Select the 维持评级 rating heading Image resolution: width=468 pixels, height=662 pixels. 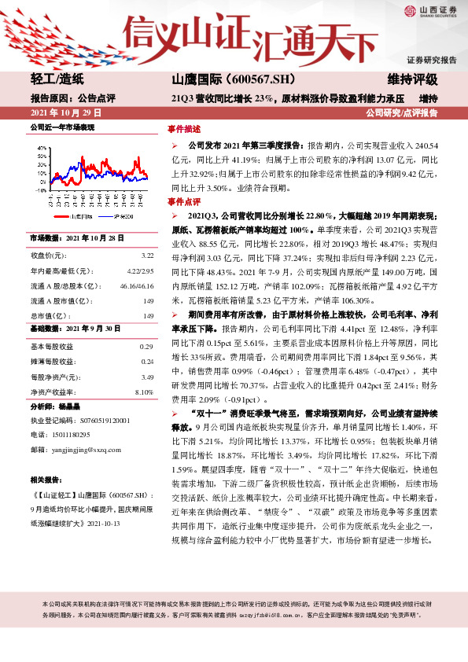pyautogui.click(x=413, y=79)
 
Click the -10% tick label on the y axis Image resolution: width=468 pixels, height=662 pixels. pyautogui.click(x=40, y=190)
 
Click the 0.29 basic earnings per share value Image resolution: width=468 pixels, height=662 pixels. pyautogui.click(x=146, y=347)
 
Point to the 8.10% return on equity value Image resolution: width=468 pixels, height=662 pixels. pyautogui.click(x=144, y=392)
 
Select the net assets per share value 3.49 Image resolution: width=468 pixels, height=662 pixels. pyautogui.click(x=146, y=377)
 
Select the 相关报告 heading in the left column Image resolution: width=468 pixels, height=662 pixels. pyautogui.click(x=44, y=479)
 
